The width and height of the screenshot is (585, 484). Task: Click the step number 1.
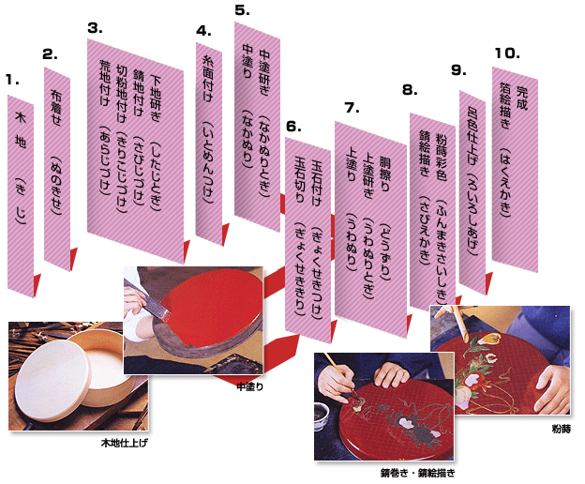(x=12, y=80)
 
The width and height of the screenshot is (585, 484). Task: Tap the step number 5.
(x=242, y=10)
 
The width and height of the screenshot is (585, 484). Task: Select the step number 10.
(x=507, y=53)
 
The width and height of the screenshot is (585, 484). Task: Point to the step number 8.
(x=410, y=90)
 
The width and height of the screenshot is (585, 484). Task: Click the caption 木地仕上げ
(x=125, y=443)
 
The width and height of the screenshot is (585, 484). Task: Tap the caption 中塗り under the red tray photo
(x=250, y=386)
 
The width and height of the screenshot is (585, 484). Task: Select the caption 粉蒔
(x=562, y=429)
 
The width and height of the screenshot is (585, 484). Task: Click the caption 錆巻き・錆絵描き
(x=418, y=473)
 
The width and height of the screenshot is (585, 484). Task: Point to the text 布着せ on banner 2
(x=55, y=108)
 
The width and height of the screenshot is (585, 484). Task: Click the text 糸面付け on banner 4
(x=208, y=79)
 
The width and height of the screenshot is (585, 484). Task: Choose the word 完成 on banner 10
(x=521, y=98)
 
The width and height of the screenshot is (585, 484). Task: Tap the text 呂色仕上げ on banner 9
(x=472, y=135)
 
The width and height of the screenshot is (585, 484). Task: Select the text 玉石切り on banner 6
(x=300, y=179)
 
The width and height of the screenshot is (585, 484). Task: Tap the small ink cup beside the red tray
(x=322, y=415)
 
